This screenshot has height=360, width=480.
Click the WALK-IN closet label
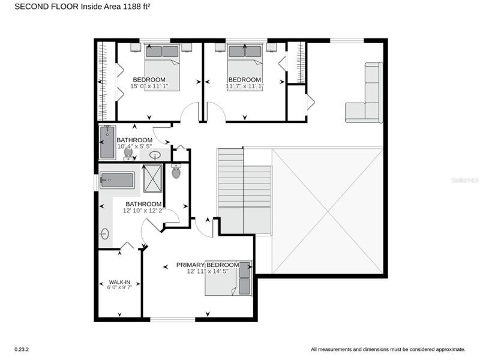(x=119, y=282)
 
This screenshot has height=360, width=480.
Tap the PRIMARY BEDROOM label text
(x=208, y=265)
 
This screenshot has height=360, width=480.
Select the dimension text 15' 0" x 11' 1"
(x=149, y=86)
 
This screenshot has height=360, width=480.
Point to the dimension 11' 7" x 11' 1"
(x=245, y=86)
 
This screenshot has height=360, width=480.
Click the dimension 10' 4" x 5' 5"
(x=134, y=146)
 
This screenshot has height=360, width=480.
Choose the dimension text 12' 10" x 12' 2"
(x=143, y=211)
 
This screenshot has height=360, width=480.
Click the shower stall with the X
(x=152, y=178)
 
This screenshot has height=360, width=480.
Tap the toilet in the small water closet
(x=176, y=171)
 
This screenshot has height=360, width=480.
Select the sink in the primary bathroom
(x=104, y=234)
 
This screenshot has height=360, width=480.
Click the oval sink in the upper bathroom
(x=155, y=155)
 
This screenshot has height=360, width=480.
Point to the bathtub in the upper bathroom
(x=107, y=142)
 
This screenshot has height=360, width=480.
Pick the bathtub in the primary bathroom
(x=117, y=181)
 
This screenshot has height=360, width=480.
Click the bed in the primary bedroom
(x=229, y=278)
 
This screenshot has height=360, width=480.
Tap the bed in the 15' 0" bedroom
(x=162, y=67)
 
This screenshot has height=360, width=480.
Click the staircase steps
(x=244, y=191)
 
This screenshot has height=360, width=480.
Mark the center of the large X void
(x=328, y=211)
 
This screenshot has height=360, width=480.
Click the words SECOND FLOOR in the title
(x=47, y=7)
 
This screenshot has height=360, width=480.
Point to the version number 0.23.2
(x=22, y=349)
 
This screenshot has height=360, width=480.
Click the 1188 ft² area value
(x=136, y=7)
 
